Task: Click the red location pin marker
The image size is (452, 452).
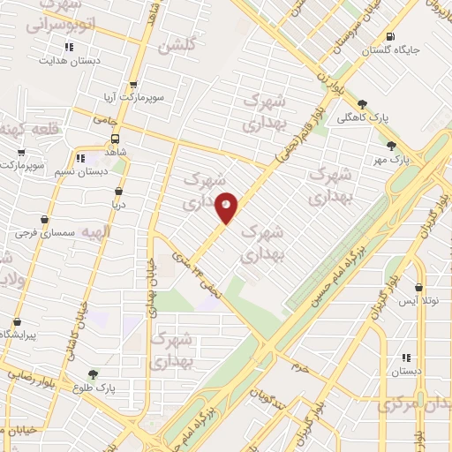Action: click(x=227, y=207)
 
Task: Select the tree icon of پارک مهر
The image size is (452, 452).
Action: click(x=391, y=146)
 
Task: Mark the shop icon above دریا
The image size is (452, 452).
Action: click(x=118, y=191)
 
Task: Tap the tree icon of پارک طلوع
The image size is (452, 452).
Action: click(x=92, y=374)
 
